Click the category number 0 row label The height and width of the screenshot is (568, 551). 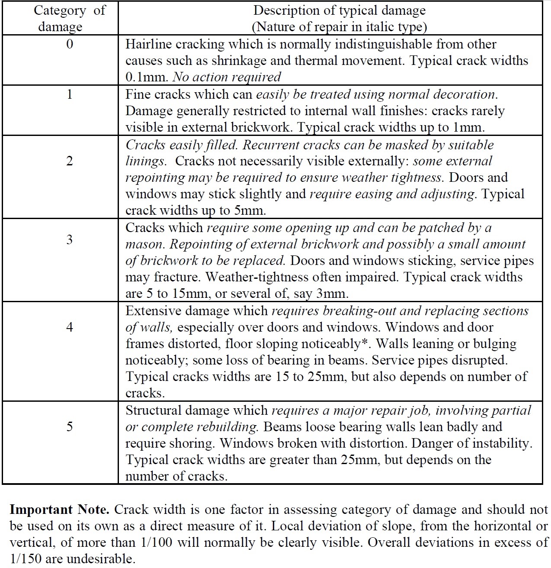click(x=70, y=44)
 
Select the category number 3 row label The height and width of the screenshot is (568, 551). click(x=70, y=240)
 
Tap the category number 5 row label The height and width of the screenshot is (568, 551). click(x=70, y=427)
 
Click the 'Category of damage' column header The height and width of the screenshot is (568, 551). click(x=69, y=18)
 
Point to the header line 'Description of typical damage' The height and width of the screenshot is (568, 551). click(x=339, y=10)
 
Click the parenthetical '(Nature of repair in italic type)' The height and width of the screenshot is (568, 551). click(x=339, y=27)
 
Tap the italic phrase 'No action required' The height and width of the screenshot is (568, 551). click(x=227, y=77)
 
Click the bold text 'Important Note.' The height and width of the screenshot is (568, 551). click(x=59, y=510)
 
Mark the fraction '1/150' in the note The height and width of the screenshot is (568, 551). click(x=25, y=559)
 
